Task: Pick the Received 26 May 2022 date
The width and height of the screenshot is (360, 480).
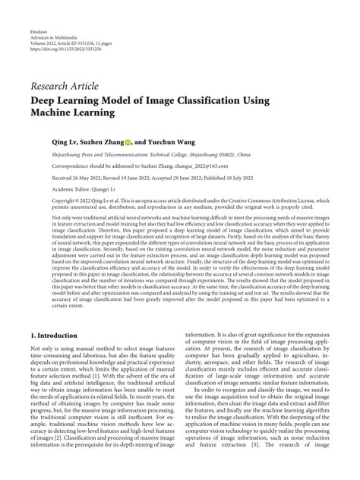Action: coord(82,175)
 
